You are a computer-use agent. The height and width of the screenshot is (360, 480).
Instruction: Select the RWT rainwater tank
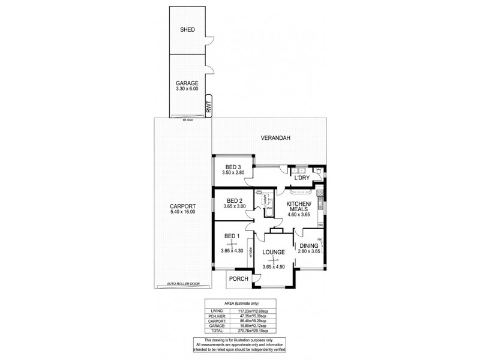click(x=208, y=107)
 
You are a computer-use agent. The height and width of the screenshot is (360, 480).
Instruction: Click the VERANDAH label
click(x=275, y=138)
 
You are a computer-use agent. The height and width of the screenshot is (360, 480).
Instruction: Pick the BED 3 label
click(x=233, y=167)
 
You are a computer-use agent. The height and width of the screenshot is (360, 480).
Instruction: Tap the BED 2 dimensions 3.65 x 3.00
click(x=234, y=206)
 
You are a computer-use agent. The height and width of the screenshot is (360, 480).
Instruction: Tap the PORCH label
click(x=239, y=278)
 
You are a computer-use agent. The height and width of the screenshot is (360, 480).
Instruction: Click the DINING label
click(x=310, y=246)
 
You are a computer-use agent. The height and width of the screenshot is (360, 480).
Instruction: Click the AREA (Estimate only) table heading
click(x=239, y=304)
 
